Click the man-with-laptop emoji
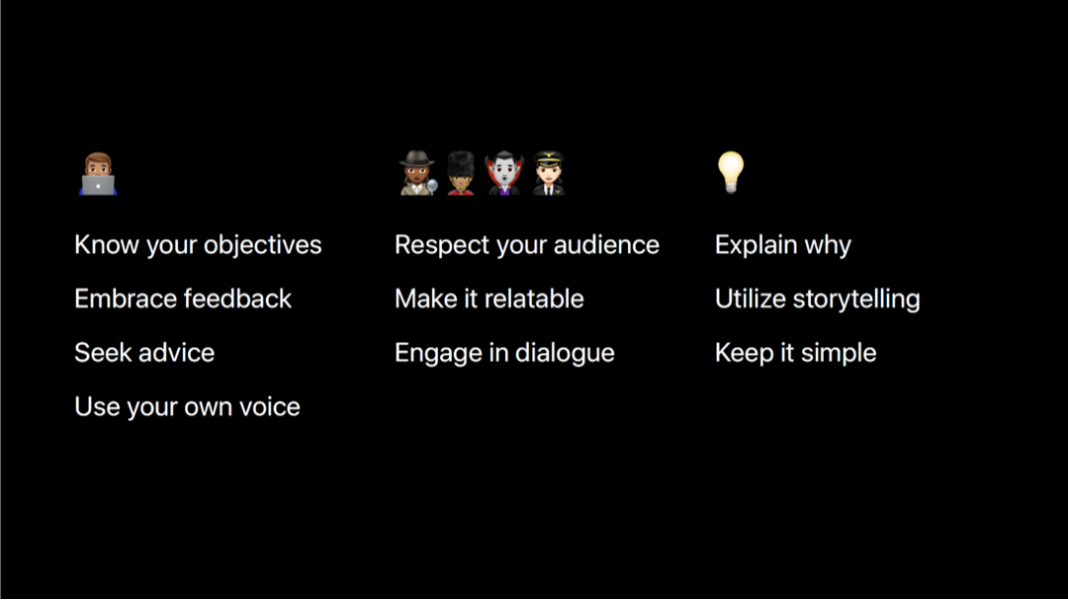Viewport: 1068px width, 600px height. [x=98, y=174]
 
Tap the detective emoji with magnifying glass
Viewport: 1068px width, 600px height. [x=417, y=173]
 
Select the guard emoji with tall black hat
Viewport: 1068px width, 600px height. [x=461, y=173]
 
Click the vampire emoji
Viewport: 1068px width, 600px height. [x=504, y=173]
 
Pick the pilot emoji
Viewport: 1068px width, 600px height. [x=548, y=173]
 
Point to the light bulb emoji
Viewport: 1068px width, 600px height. [x=731, y=172]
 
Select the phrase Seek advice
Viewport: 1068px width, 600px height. [x=144, y=353]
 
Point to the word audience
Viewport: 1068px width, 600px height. [x=606, y=245]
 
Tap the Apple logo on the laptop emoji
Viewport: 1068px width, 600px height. [x=99, y=185]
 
